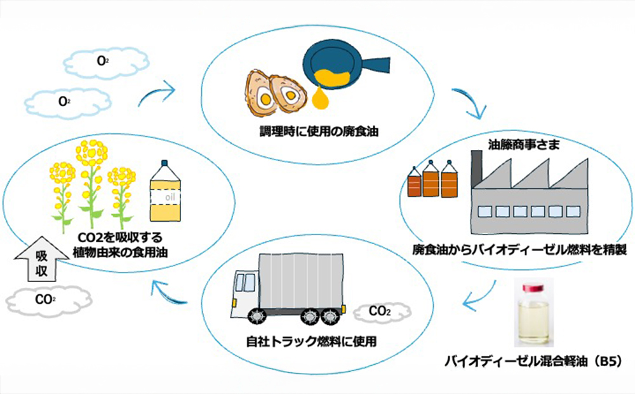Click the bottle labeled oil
[164, 193]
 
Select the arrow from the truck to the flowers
[170, 295]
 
